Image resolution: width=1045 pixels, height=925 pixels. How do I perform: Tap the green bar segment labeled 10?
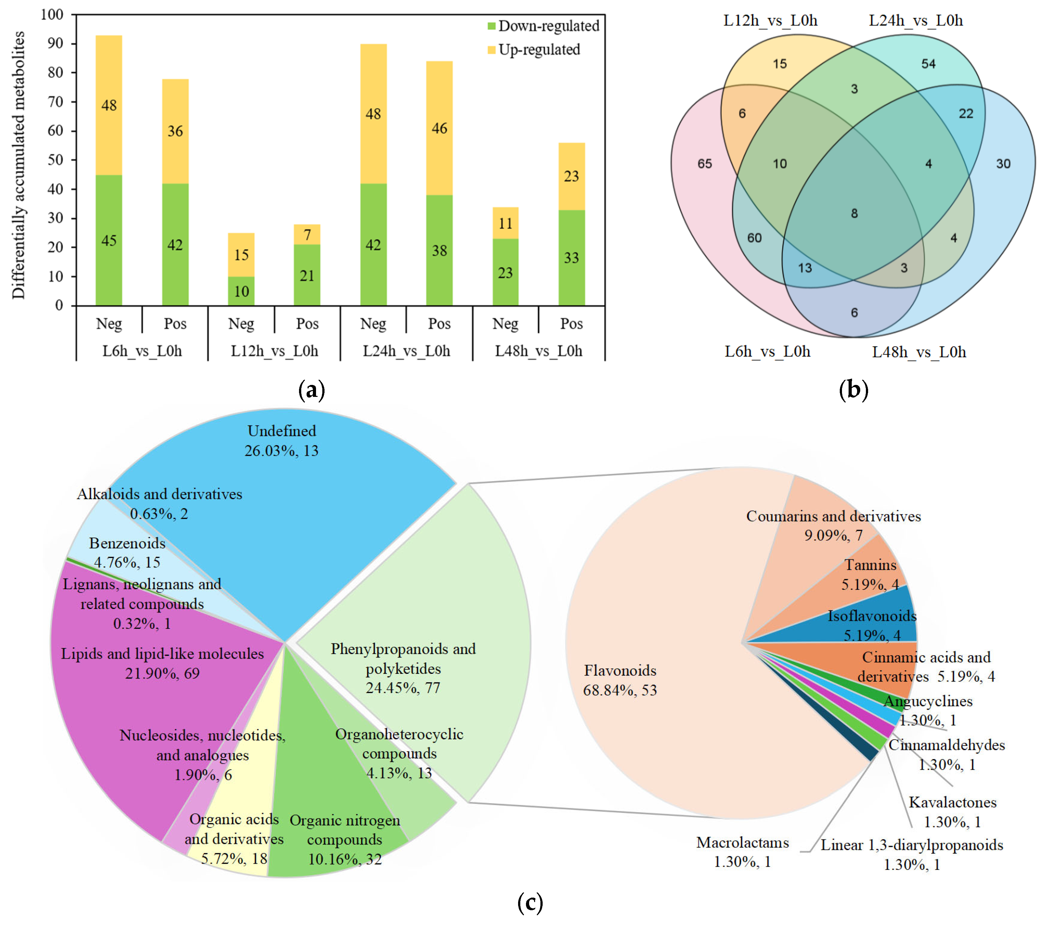click(241, 291)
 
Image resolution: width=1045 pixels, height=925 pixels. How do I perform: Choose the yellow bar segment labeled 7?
click(307, 235)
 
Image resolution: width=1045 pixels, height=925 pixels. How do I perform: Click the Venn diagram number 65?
click(704, 164)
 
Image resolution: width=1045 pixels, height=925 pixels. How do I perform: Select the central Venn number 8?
click(854, 213)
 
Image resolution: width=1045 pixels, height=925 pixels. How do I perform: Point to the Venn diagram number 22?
click(966, 114)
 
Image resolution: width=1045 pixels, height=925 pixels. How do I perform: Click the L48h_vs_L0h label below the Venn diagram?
click(919, 352)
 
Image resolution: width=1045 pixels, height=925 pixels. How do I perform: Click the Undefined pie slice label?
click(282, 431)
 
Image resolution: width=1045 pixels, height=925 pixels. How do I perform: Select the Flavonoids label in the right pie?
click(620, 670)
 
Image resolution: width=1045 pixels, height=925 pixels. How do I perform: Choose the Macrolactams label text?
click(742, 843)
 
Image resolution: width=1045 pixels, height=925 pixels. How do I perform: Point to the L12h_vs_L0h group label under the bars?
click(274, 351)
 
